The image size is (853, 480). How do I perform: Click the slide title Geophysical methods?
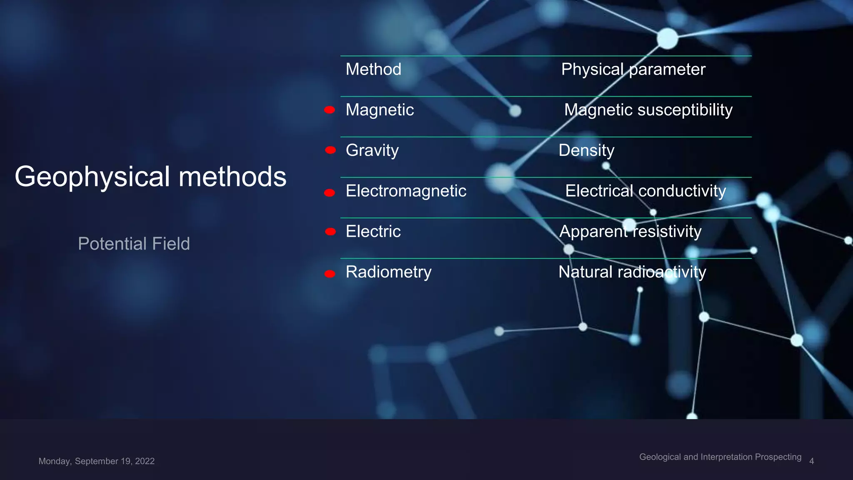pyautogui.click(x=150, y=177)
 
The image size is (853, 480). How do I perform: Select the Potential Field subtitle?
pyautogui.click(x=134, y=244)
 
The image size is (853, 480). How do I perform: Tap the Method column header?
pyautogui.click(x=373, y=69)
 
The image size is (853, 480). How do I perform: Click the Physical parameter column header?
pyautogui.click(x=633, y=69)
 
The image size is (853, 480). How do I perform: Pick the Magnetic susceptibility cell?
pyautogui.click(x=648, y=110)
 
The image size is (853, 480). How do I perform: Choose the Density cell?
pyautogui.click(x=586, y=150)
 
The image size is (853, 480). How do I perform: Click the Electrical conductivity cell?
pyautogui.click(x=645, y=191)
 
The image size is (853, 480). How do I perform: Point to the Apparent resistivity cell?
pyautogui.click(x=630, y=231)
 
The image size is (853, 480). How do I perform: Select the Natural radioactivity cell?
pyautogui.click(x=632, y=272)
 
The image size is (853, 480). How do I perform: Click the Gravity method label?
pyautogui.click(x=372, y=150)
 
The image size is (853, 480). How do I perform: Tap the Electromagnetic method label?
pyautogui.click(x=406, y=191)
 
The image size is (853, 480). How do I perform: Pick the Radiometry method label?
pyautogui.click(x=388, y=272)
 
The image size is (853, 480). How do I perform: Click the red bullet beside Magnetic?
pyautogui.click(x=329, y=110)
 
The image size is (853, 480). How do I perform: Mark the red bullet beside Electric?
pyautogui.click(x=330, y=232)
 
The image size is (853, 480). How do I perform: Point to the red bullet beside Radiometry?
pyautogui.click(x=330, y=274)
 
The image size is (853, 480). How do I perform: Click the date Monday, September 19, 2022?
pyautogui.click(x=96, y=461)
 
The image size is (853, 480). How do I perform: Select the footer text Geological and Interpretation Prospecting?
pyautogui.click(x=720, y=457)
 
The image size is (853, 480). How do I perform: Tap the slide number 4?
pyautogui.click(x=811, y=461)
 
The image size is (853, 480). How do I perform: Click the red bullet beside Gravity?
pyautogui.click(x=330, y=150)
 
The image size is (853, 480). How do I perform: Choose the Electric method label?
pyautogui.click(x=373, y=231)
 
